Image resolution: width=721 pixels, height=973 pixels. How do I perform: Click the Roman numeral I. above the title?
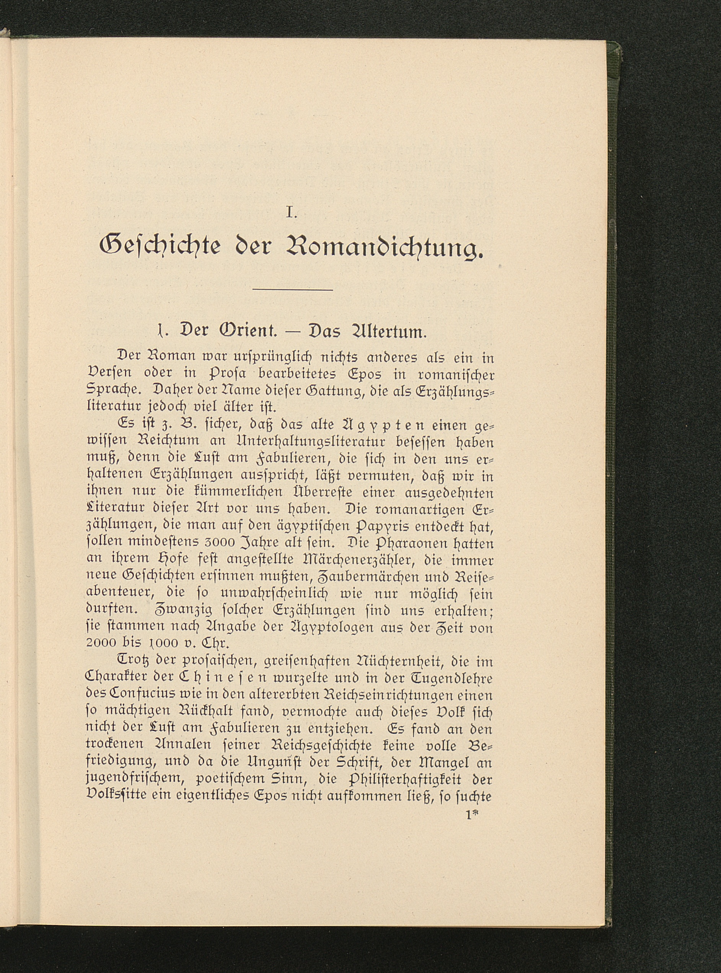click(291, 213)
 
